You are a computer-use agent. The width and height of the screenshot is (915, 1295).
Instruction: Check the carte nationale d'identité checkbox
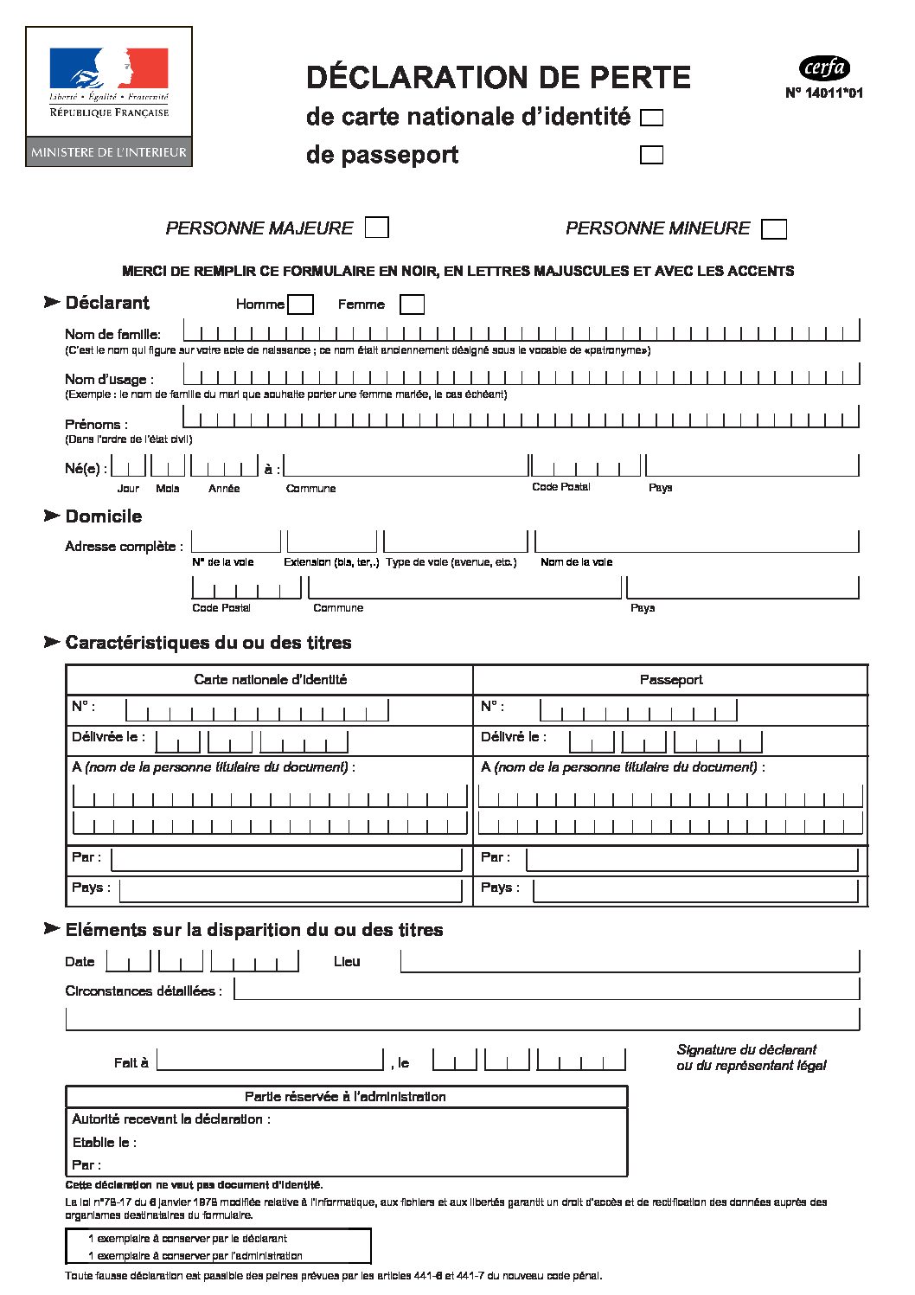pyautogui.click(x=651, y=118)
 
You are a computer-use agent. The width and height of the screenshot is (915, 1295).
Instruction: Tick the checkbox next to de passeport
pyautogui.click(x=651, y=155)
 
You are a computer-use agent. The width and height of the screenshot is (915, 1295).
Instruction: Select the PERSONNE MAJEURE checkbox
pyautogui.click(x=376, y=228)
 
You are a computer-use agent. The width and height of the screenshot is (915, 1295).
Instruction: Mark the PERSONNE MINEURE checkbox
pyautogui.click(x=774, y=229)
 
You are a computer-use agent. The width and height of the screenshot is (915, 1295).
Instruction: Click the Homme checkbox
pyautogui.click(x=300, y=305)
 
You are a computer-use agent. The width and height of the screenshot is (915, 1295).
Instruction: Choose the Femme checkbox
pyautogui.click(x=412, y=305)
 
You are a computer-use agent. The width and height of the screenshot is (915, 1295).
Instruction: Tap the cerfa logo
pyautogui.click(x=824, y=67)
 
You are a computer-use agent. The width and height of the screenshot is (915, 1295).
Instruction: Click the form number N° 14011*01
pyautogui.click(x=823, y=93)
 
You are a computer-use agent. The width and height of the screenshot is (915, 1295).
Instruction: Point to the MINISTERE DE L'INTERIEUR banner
pyautogui.click(x=109, y=152)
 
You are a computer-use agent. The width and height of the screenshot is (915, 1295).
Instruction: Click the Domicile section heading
pyautogui.click(x=104, y=516)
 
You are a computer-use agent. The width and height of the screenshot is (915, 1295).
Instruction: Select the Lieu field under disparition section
pyautogui.click(x=630, y=961)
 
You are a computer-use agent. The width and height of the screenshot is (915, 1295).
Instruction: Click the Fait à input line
pyautogui.click(x=270, y=1060)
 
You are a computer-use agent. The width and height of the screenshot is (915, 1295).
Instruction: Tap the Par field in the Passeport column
pyautogui.click(x=692, y=859)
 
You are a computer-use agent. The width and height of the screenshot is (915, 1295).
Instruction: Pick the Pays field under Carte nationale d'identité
pyautogui.click(x=291, y=889)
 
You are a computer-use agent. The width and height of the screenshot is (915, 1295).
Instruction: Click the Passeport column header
pyautogui.click(x=671, y=680)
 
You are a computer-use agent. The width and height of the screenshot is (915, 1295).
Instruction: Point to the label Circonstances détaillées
pyautogui.click(x=144, y=991)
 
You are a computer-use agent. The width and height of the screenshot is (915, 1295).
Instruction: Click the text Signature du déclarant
pyautogui.click(x=746, y=1050)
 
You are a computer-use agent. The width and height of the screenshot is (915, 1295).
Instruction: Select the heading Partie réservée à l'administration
pyautogui.click(x=345, y=1097)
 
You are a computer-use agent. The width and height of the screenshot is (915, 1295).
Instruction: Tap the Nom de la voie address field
pyautogui.click(x=696, y=542)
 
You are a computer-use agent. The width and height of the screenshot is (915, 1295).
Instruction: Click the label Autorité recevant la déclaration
pyautogui.click(x=171, y=1119)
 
